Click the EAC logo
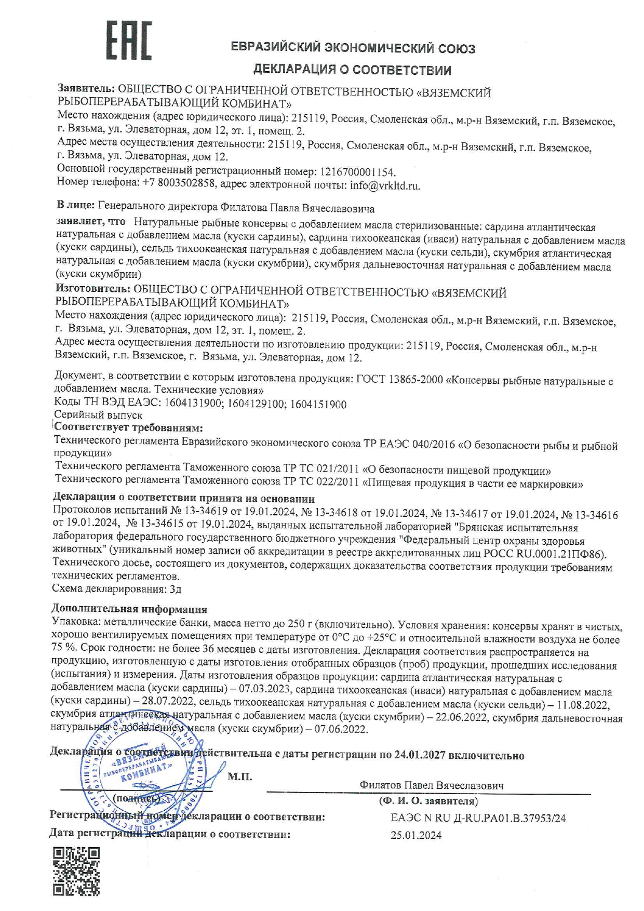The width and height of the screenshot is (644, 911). pyautogui.click(x=129, y=40)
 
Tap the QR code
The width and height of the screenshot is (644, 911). pyautogui.click(x=76, y=872)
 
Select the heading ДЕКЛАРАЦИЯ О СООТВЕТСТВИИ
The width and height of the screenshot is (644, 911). pyautogui.click(x=352, y=70)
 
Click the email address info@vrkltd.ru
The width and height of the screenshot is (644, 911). pyautogui.click(x=385, y=185)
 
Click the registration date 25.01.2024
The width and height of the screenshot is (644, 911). pyautogui.click(x=416, y=835)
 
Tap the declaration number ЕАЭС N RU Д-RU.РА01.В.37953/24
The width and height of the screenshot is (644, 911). pyautogui.click(x=478, y=818)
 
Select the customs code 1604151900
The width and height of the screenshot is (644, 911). pyautogui.click(x=318, y=404)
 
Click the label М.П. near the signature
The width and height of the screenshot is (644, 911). pyautogui.click(x=239, y=777)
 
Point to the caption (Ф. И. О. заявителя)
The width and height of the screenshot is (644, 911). pyautogui.click(x=428, y=801)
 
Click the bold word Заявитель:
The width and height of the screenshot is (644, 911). pyautogui.click(x=86, y=89)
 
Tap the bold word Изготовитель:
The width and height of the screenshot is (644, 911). pyautogui.click(x=92, y=289)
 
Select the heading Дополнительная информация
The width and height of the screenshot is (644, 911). pyautogui.click(x=129, y=609)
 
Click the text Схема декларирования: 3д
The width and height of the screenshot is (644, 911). pyautogui.click(x=116, y=589)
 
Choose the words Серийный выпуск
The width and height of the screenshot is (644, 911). pyautogui.click(x=98, y=416)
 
